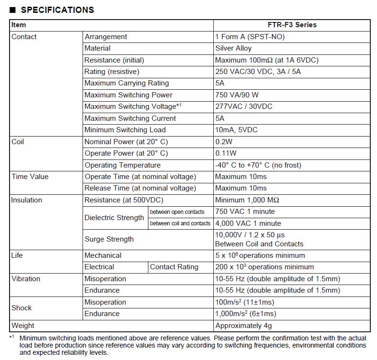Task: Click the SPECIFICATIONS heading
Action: pyautogui.click(x=57, y=10)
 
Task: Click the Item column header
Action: pyautogui.click(x=19, y=25)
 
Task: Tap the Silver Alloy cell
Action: pyautogui.click(x=233, y=48)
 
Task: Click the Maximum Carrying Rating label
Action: pyautogui.click(x=126, y=83)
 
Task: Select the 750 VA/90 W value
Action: pyautogui.click(x=237, y=95)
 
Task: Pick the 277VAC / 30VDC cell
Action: pyautogui.click(x=244, y=106)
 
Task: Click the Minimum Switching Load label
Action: pyautogui.click(x=125, y=130)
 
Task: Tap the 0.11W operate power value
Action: pyautogui.click(x=226, y=153)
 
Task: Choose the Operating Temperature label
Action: pyautogui.click(x=123, y=165)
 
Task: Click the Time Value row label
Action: pyautogui.click(x=30, y=177)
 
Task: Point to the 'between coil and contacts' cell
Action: pyautogui.click(x=180, y=223)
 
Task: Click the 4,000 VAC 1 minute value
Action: pyautogui.click(x=248, y=223)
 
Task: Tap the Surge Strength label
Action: pyautogui.click(x=109, y=239)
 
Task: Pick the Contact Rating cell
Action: pyautogui.click(x=174, y=267)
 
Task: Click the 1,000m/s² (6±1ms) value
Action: pyautogui.click(x=246, y=314)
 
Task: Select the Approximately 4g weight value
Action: pyautogui.click(x=243, y=326)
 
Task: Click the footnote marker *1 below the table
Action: pyautogui.click(x=12, y=337)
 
